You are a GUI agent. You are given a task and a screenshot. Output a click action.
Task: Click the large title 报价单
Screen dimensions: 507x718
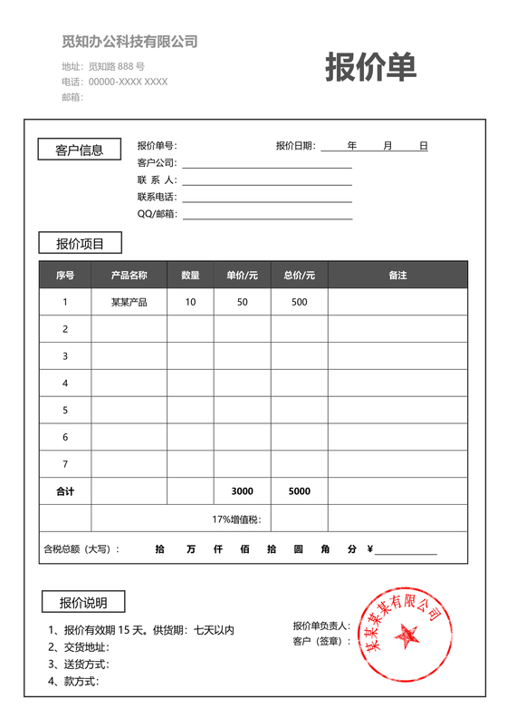coord(371,68)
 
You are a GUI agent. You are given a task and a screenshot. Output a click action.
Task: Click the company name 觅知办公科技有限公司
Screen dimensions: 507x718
coord(129,42)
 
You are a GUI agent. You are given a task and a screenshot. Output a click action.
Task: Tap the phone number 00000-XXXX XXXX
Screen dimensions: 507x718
coord(128,82)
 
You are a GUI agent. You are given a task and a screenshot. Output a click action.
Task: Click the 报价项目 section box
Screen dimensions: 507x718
coord(80,243)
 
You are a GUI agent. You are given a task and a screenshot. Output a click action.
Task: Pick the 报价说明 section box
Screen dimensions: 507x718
coord(83,602)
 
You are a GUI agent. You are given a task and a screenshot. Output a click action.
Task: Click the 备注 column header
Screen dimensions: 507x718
coord(397,275)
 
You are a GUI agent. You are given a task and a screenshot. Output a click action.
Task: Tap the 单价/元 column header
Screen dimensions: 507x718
coord(242,275)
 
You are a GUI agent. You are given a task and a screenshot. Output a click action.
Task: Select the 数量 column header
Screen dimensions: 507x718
coord(190,275)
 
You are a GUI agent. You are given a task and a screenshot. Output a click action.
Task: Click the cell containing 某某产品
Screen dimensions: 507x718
coord(129,302)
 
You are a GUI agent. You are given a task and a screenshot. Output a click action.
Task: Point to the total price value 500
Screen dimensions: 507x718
coord(299,302)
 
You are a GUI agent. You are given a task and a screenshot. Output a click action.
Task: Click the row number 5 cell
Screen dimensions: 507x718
coord(65,410)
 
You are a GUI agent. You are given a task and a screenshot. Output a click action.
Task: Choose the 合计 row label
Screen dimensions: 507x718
coord(65,491)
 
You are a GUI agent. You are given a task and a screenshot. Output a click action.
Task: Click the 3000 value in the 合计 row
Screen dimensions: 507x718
coord(242,491)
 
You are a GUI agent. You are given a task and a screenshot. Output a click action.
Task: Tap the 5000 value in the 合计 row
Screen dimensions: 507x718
coord(299,491)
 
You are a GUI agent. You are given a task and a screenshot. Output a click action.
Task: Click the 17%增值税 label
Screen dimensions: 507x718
coord(236,519)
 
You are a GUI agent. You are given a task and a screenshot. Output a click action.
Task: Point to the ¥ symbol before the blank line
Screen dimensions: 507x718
coord(370,548)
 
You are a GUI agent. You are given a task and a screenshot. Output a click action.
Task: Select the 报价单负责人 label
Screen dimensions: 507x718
coord(321,626)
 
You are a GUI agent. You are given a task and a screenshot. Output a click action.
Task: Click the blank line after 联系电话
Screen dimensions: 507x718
coord(267,200)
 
